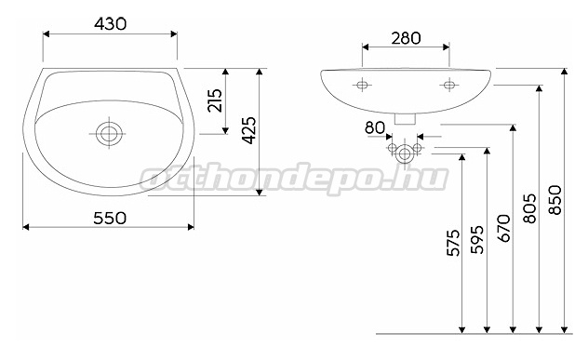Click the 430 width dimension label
(x=110, y=24)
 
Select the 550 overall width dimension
(x=110, y=218)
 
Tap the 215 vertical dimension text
(x=215, y=100)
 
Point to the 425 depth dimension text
(x=249, y=130)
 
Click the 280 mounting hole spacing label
(x=406, y=38)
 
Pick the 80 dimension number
(x=375, y=127)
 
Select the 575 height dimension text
(x=453, y=243)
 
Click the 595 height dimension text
(x=478, y=240)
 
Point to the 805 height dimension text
(x=529, y=209)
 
